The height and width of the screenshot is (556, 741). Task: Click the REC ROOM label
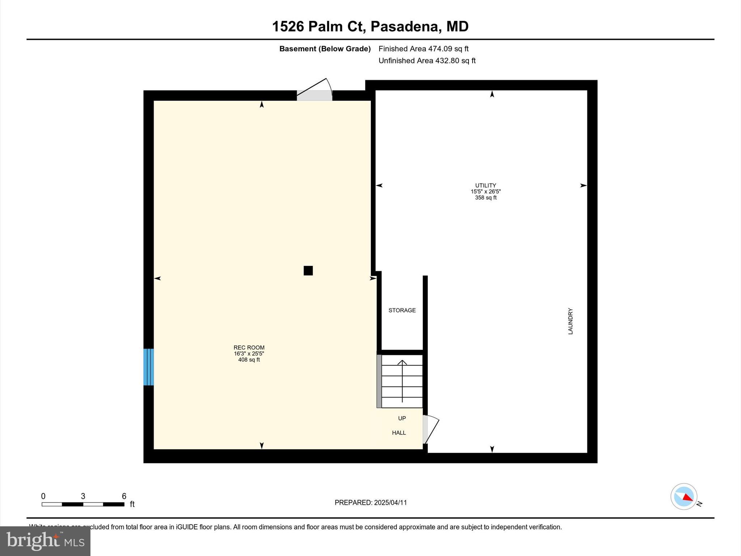point(249,347)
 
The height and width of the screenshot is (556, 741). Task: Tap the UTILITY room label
point(486,185)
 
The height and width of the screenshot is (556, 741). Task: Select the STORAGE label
point(402,310)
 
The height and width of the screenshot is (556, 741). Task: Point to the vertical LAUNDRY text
point(571,321)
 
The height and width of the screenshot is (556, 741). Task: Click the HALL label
point(399,433)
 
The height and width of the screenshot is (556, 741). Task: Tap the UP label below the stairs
point(402,418)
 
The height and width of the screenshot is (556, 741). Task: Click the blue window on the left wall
point(149,367)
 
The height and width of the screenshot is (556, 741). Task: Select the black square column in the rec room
point(308,270)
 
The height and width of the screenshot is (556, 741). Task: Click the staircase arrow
point(402,380)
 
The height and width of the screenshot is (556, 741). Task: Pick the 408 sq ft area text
point(249,360)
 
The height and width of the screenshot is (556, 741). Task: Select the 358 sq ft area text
point(486,198)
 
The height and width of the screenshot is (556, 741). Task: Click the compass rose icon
point(684,497)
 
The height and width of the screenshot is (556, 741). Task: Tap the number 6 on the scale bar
point(124,496)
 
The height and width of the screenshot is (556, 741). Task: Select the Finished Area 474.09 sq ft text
point(423,49)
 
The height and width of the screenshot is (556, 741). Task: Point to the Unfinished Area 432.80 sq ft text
point(427,60)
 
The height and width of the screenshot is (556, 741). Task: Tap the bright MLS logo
point(45,541)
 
